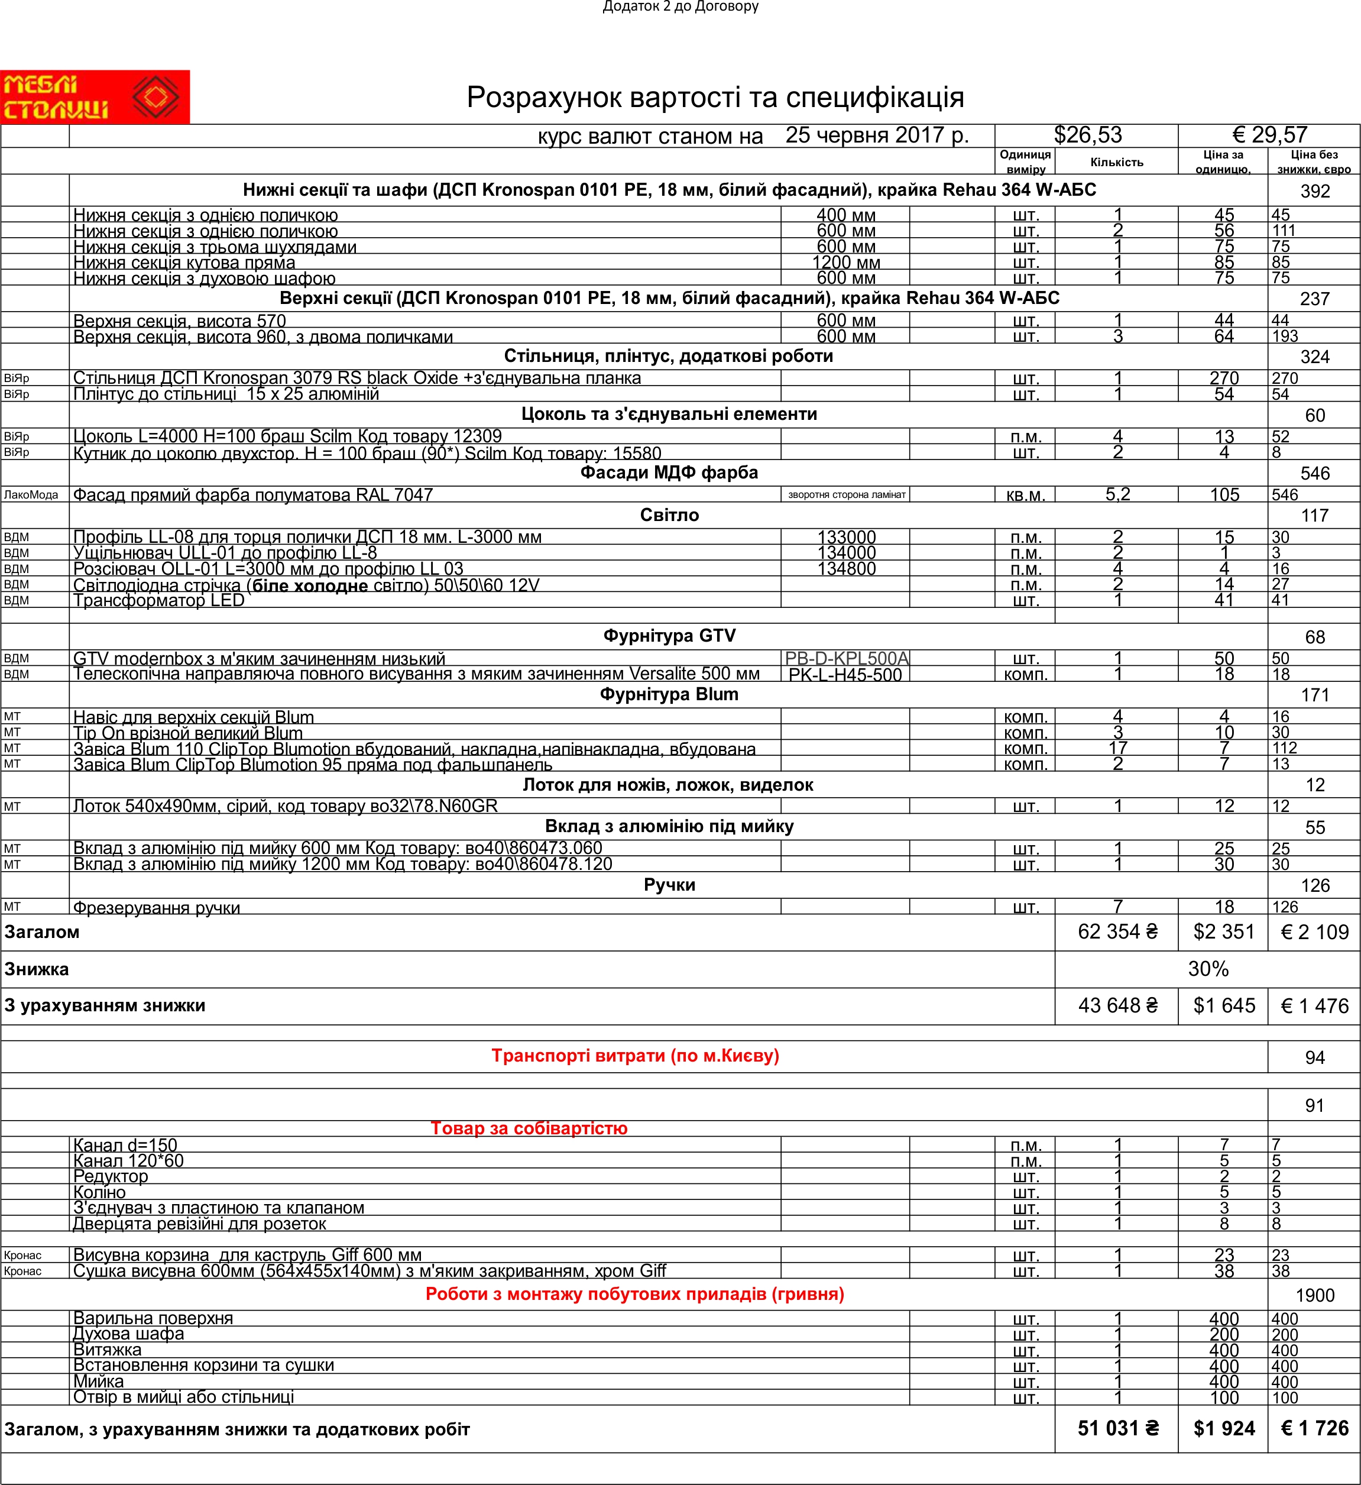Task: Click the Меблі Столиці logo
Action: (x=94, y=96)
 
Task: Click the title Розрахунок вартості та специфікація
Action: (x=715, y=97)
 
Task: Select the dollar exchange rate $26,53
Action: (x=1087, y=135)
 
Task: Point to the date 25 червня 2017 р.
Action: (x=876, y=135)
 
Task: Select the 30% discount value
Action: (x=1208, y=969)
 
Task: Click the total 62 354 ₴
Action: (x=1117, y=932)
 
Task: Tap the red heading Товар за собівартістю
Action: (x=529, y=1128)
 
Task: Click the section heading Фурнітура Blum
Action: (x=669, y=695)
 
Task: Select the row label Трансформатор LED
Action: (x=158, y=600)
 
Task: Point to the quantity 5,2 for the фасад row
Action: (x=1117, y=495)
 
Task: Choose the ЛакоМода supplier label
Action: (x=31, y=495)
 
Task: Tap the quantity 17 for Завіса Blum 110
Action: (x=1117, y=748)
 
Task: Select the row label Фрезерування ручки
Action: (x=156, y=907)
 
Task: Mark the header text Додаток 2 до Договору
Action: (x=680, y=7)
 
